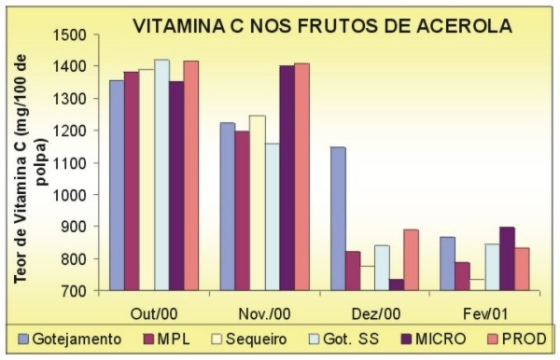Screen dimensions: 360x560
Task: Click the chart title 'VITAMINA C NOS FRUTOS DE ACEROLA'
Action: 323,26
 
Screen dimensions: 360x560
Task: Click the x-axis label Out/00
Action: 153,309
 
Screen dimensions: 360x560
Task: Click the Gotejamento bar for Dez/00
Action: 337,218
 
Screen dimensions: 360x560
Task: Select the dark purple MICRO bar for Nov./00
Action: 287,177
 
